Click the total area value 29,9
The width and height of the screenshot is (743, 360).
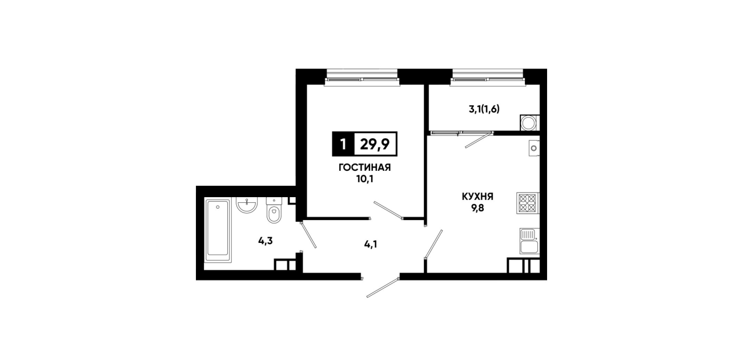click(375, 144)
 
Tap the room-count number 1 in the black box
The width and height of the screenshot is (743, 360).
click(343, 145)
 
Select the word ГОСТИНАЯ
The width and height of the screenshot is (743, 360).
click(364, 167)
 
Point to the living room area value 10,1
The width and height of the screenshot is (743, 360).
click(365, 179)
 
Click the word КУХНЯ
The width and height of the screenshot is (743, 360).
click(477, 197)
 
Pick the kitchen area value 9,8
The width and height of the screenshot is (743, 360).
click(477, 209)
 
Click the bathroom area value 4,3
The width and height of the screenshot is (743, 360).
click(266, 241)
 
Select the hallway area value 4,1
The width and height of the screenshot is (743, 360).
click(371, 245)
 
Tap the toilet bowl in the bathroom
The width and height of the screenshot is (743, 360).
click(274, 210)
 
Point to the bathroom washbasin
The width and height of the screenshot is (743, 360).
click(247, 205)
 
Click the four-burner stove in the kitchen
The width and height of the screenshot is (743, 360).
click(527, 203)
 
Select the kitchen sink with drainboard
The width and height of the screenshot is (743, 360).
click(529, 241)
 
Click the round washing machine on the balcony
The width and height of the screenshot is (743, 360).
click(529, 123)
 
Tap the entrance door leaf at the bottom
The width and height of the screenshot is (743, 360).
click(383, 287)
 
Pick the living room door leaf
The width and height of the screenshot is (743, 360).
click(388, 210)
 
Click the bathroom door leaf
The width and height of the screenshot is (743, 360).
click(308, 235)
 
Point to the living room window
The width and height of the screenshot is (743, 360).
click(362, 78)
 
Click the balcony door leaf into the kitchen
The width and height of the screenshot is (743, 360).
click(478, 140)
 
